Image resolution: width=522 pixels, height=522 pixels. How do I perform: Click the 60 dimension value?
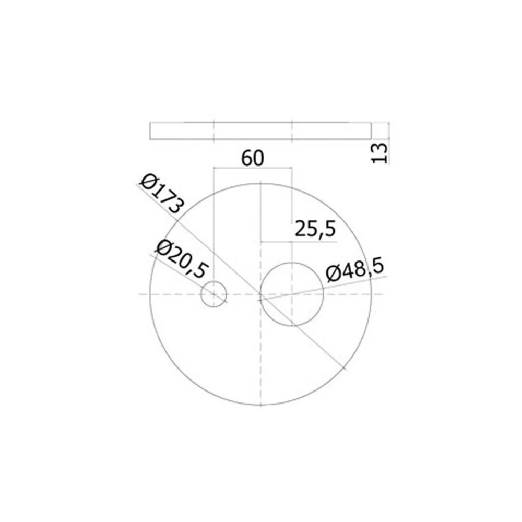point(253,159)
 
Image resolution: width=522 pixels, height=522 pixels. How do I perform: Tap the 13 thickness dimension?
point(379,153)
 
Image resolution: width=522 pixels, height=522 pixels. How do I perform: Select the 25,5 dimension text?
point(315,229)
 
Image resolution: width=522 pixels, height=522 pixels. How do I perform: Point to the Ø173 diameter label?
point(162,194)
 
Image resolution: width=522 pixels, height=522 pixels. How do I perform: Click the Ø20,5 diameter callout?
point(182,259)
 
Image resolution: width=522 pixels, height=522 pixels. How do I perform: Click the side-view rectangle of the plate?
point(260,131)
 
